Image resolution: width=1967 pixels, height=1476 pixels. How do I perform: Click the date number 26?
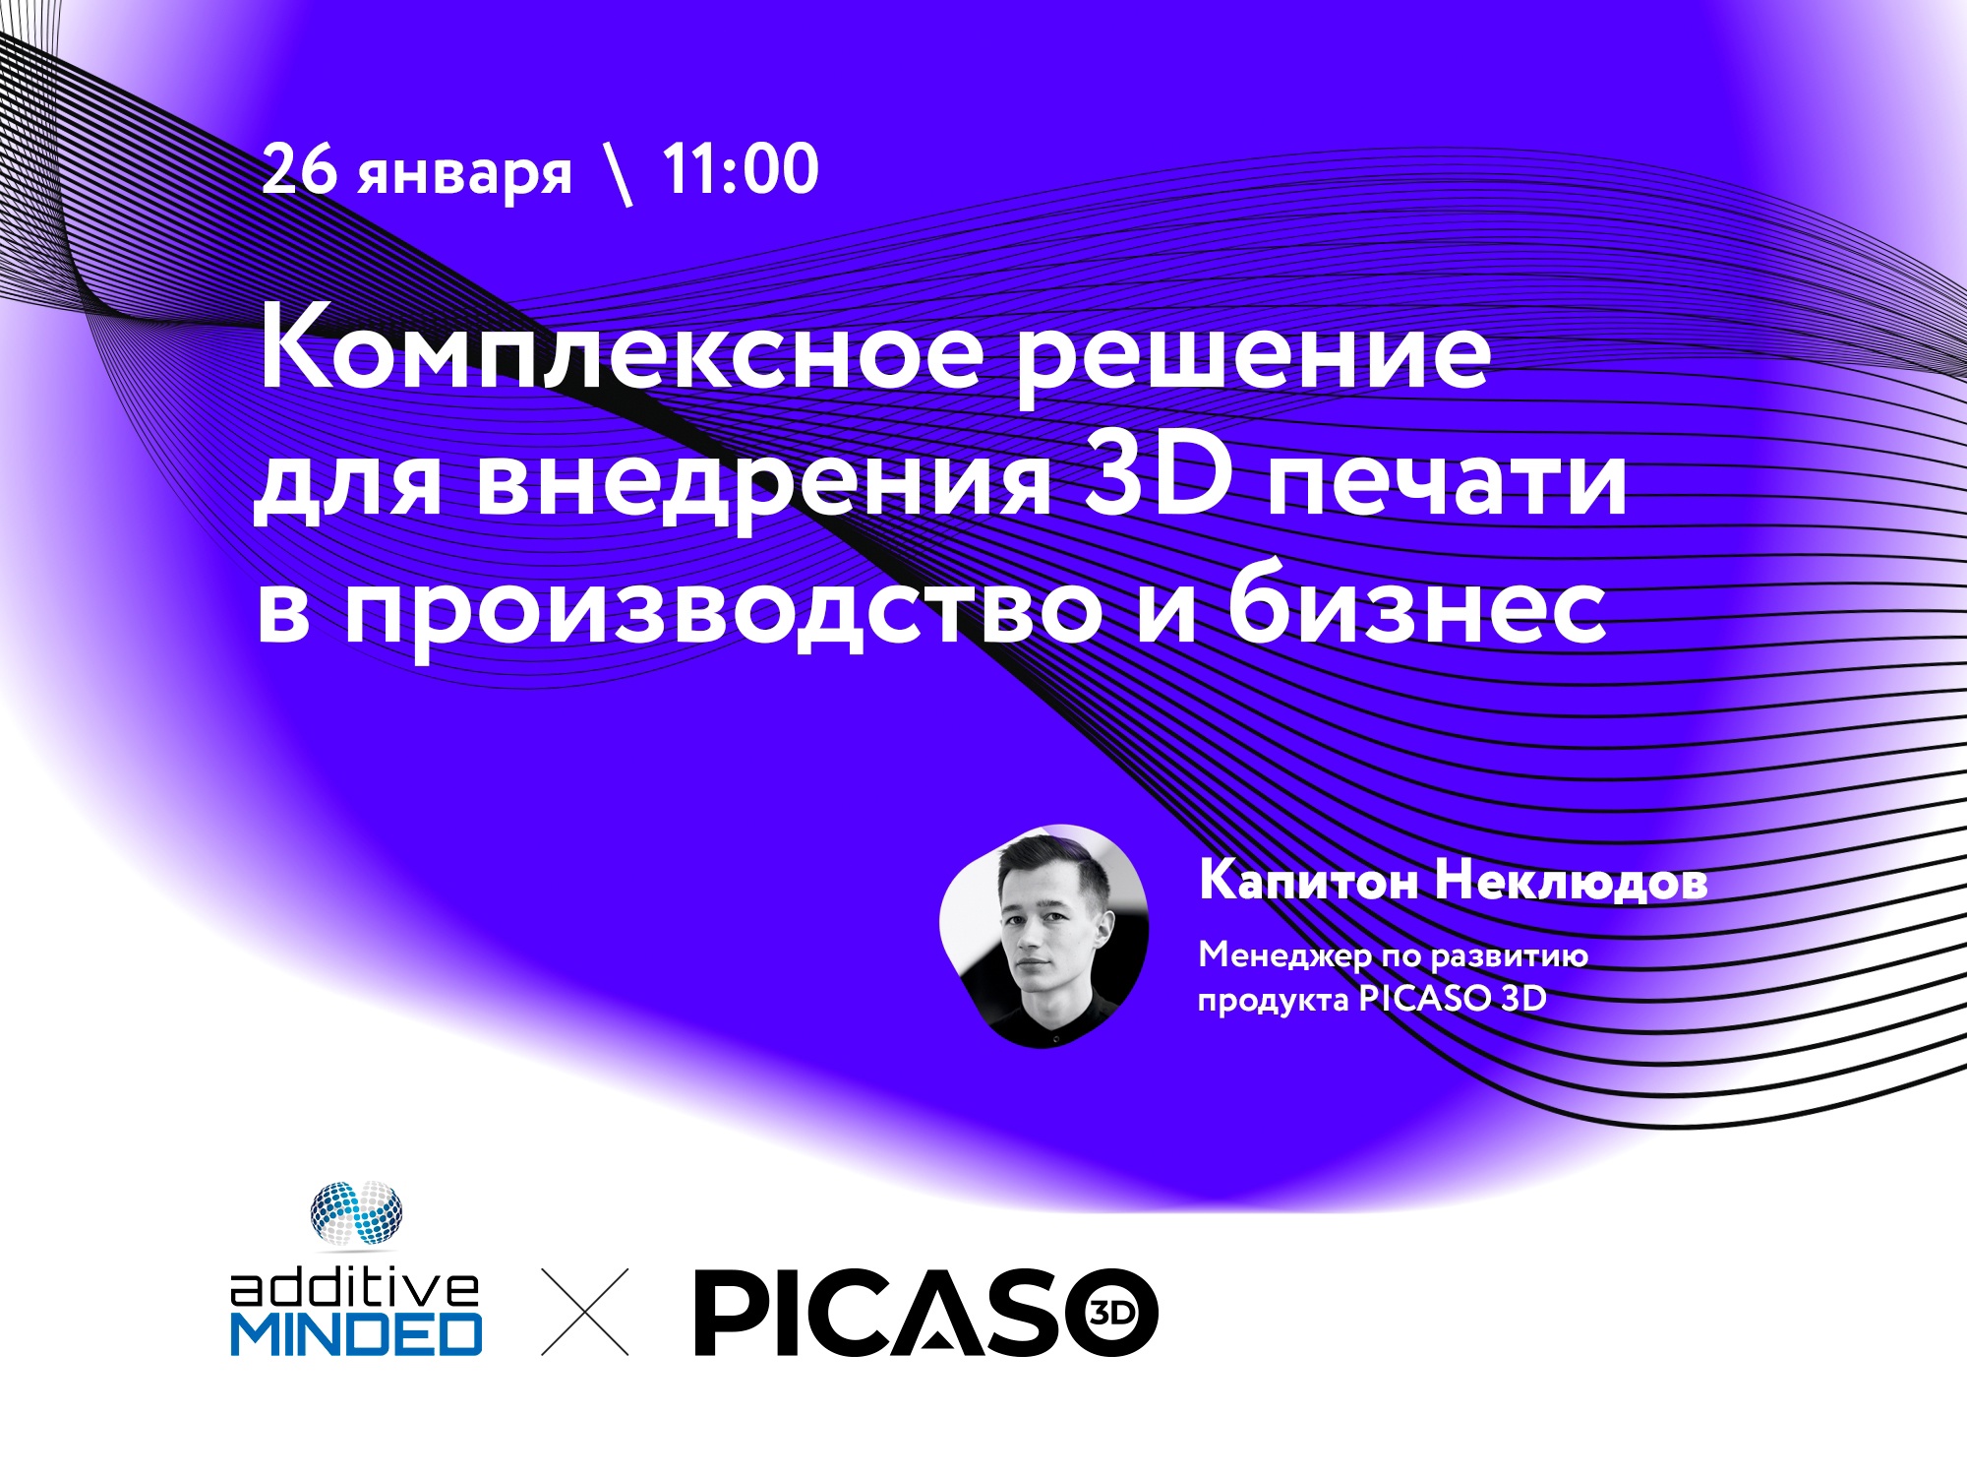point(299,169)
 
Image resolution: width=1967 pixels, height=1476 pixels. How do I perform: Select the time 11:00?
point(741,169)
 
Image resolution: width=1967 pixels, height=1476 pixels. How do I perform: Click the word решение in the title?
point(1253,360)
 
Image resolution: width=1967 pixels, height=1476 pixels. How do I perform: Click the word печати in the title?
point(1447,481)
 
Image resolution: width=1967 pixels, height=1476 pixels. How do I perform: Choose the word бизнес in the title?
point(1416,600)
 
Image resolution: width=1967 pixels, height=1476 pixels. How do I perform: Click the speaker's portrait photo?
point(1043,936)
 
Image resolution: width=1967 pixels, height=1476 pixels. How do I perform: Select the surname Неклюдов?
point(1571,881)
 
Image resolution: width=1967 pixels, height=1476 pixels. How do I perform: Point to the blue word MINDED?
point(356,1334)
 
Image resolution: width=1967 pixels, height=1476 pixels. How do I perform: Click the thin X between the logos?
point(585,1312)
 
